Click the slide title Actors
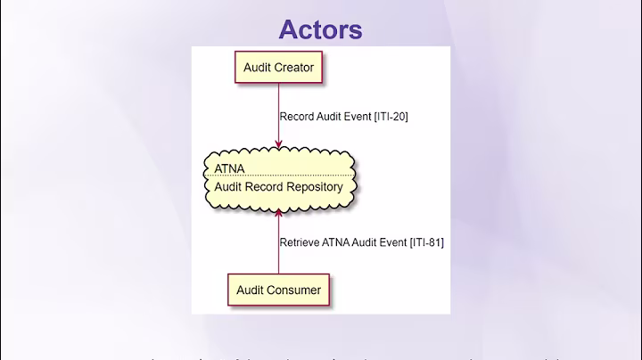click(320, 29)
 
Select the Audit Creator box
click(278, 67)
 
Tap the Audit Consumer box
click(278, 290)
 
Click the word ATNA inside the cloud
click(229, 168)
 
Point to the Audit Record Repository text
click(278, 187)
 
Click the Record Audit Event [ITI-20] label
click(343, 116)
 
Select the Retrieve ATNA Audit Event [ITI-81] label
click(361, 241)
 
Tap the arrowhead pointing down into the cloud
click(278, 144)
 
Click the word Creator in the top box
click(295, 67)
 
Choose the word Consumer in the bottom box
click(295, 290)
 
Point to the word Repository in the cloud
click(311, 187)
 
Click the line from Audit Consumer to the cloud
click(278, 254)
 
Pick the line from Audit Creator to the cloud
click(278, 102)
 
